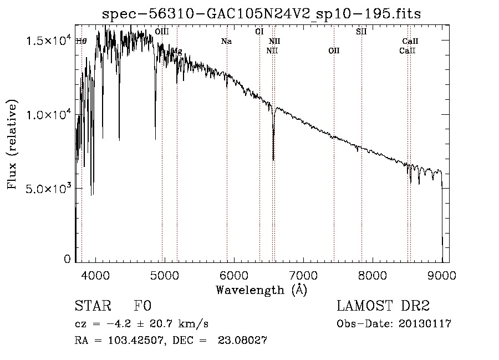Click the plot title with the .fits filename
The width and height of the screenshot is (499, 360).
pos(261,14)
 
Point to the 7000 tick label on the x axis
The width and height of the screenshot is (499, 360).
pos(303,275)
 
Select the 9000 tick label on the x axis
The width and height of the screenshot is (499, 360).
pos(442,275)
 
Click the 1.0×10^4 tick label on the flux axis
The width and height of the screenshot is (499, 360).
pos(49,115)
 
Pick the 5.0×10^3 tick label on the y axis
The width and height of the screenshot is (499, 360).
pos(49,189)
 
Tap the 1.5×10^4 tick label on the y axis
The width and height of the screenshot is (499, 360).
pos(49,41)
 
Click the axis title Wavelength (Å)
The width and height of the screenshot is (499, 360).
pos(261,290)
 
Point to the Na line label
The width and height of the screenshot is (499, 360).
pos(226,41)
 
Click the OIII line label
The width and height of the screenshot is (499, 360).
pos(162,32)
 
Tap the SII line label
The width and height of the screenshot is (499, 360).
pos(361,32)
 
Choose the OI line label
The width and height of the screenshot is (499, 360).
pos(259,32)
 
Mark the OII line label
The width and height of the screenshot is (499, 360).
pos(334,50)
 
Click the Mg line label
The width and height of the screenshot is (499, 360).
pos(176,51)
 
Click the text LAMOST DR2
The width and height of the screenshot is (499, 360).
pos(383,306)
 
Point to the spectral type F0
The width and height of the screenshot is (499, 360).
pos(142,306)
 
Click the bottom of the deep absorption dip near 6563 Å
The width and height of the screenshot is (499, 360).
pos(273,160)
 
